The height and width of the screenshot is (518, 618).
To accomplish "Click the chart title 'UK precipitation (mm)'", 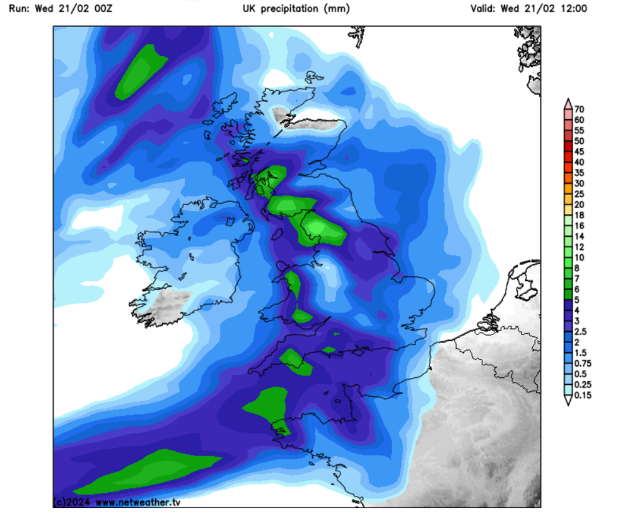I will [296, 9].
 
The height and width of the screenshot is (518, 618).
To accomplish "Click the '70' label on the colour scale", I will [580, 109].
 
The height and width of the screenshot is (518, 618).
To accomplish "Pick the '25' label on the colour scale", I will [580, 194].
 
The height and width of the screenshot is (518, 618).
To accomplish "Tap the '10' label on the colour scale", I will [580, 257].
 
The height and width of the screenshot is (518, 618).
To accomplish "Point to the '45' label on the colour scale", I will [580, 151].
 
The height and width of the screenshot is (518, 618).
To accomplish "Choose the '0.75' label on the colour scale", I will [583, 363].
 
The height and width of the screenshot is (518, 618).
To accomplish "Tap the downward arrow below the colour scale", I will [568, 398].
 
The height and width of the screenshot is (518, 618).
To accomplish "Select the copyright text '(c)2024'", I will [73, 502].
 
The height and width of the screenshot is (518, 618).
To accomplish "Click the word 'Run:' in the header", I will [20, 9].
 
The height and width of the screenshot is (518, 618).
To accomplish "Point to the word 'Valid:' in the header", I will [483, 9].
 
